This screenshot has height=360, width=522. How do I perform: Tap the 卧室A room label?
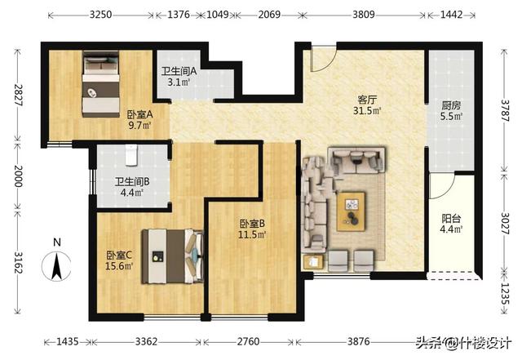139,114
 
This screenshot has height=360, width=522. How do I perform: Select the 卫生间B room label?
132,182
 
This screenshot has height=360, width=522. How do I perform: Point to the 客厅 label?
367,100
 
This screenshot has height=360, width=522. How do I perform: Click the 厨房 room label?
451,105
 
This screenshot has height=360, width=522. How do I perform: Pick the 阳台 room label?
451,219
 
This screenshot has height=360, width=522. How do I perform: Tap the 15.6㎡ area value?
119,266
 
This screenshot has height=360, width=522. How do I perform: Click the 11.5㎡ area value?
252,234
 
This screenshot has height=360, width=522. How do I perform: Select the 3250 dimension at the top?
100,15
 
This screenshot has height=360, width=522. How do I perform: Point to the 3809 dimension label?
364,15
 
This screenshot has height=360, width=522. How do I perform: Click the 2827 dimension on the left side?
18,95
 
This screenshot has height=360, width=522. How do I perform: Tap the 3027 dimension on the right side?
505,224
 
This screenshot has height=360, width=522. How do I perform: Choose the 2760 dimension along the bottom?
248,342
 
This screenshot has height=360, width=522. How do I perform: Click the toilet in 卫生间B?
131,155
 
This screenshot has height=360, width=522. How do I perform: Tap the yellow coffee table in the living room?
351,211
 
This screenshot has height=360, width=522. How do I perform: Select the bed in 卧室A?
101,84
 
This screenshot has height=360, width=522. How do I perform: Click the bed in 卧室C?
172,256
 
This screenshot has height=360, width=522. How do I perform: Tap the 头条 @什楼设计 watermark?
464,342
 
